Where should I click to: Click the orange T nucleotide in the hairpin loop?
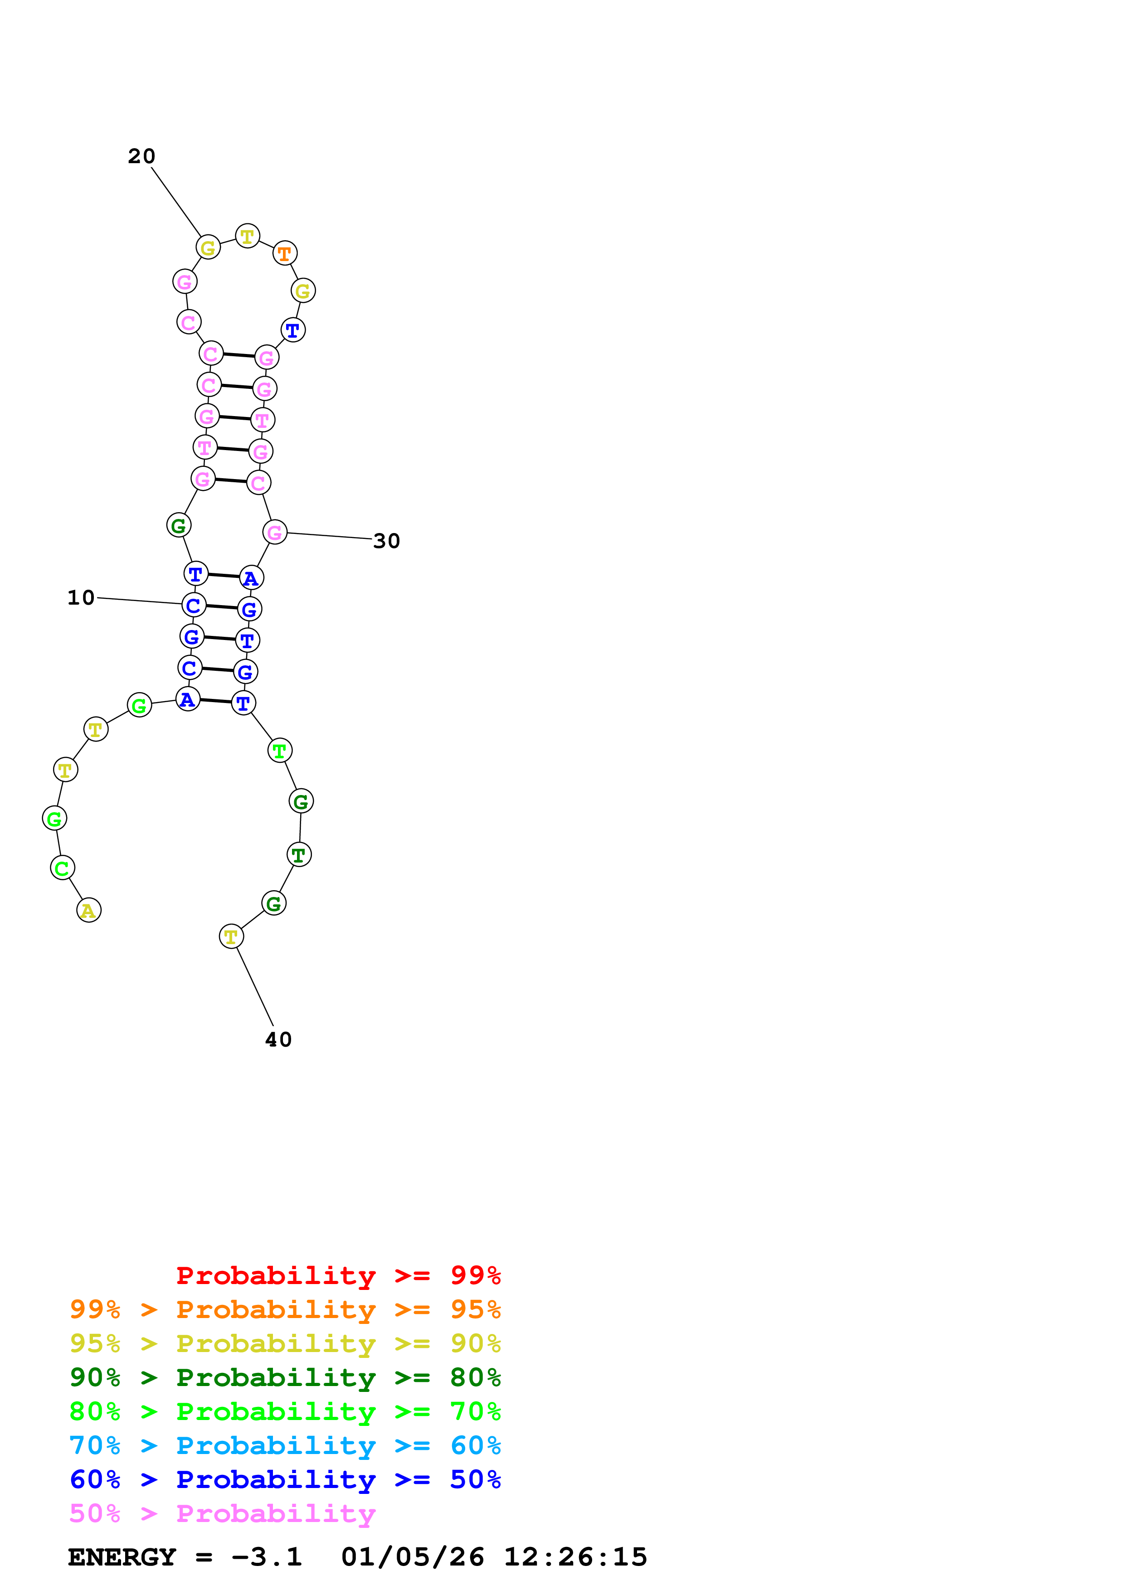click(285, 253)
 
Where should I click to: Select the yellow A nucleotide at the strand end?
click(89, 910)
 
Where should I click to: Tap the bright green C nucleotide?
click(62, 868)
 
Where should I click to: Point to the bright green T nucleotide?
click(280, 750)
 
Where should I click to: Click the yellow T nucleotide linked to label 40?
click(231, 936)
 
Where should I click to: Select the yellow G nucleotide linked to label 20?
click(208, 247)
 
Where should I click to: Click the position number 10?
click(81, 598)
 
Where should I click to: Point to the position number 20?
click(141, 156)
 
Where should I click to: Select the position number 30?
click(386, 541)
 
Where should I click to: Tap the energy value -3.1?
click(267, 1557)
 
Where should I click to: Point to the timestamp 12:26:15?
click(575, 1557)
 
